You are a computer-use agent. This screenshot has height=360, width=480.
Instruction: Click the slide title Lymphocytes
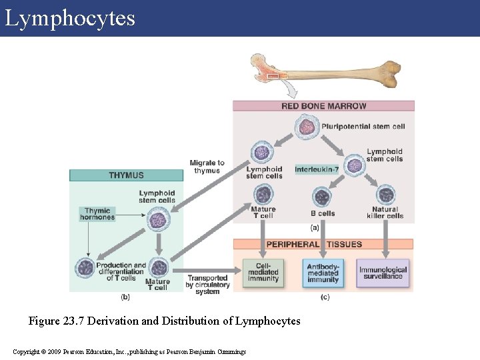[x=70, y=18]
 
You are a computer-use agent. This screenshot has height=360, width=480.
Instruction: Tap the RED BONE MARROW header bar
[x=323, y=106]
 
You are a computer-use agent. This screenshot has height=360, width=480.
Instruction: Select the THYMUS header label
[x=126, y=175]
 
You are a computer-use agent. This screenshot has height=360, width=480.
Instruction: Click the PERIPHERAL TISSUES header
[x=323, y=244]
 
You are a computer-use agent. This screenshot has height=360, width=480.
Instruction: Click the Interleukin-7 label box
[x=317, y=169]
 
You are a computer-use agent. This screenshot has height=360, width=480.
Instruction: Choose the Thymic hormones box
[x=97, y=213]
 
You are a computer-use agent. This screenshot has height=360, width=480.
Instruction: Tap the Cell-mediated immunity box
[x=263, y=273]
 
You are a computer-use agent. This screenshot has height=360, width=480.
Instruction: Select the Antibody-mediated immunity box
[x=323, y=273]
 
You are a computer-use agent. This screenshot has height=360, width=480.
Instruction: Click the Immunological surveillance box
[x=383, y=273]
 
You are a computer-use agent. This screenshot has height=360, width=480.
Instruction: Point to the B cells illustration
[x=322, y=197]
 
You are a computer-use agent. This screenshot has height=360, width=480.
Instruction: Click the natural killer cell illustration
[x=385, y=195]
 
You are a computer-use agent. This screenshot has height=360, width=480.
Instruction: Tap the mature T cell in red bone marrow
[x=263, y=195]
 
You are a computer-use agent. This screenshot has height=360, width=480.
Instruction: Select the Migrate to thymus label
[x=207, y=167]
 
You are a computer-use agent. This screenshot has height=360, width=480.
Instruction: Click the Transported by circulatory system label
[x=207, y=285]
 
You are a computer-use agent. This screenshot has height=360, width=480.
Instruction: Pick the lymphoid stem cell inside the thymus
[x=159, y=219]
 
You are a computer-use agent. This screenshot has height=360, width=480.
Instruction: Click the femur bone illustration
[x=327, y=72]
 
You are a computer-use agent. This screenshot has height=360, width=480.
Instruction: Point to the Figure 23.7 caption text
[x=164, y=321]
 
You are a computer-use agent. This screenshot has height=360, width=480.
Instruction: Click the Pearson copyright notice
[x=129, y=351]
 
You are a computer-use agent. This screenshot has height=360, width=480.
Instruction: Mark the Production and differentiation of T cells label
[x=121, y=271]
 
